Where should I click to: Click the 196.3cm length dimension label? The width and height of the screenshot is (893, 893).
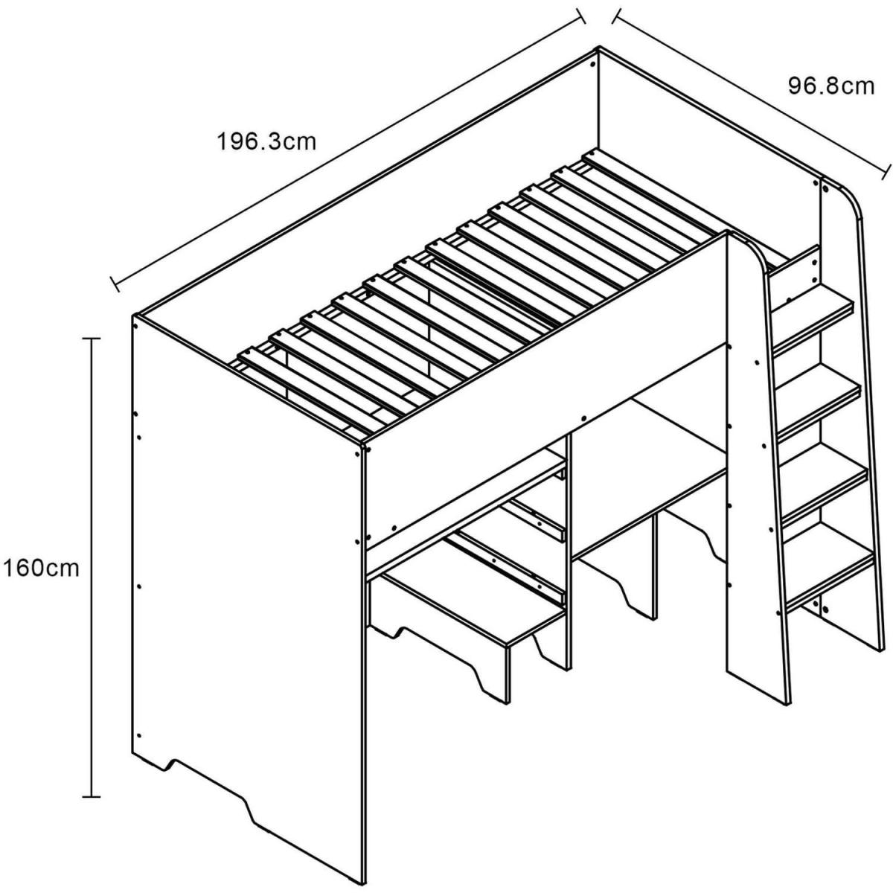pyautogui.click(x=266, y=142)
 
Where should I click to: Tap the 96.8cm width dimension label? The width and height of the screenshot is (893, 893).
pyautogui.click(x=831, y=86)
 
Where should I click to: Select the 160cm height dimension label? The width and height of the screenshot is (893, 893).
pyautogui.click(x=41, y=568)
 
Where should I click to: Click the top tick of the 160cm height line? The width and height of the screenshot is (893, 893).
pyautogui.click(x=91, y=339)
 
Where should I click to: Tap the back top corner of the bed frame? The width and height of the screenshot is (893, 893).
pyautogui.click(x=599, y=48)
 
